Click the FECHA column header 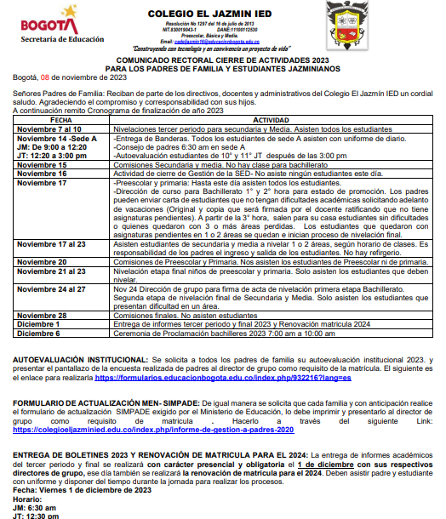click(x=60, y=120)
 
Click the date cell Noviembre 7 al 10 click(x=44, y=128)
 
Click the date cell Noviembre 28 click(x=40, y=291)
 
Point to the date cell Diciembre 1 click(x=37, y=299)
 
